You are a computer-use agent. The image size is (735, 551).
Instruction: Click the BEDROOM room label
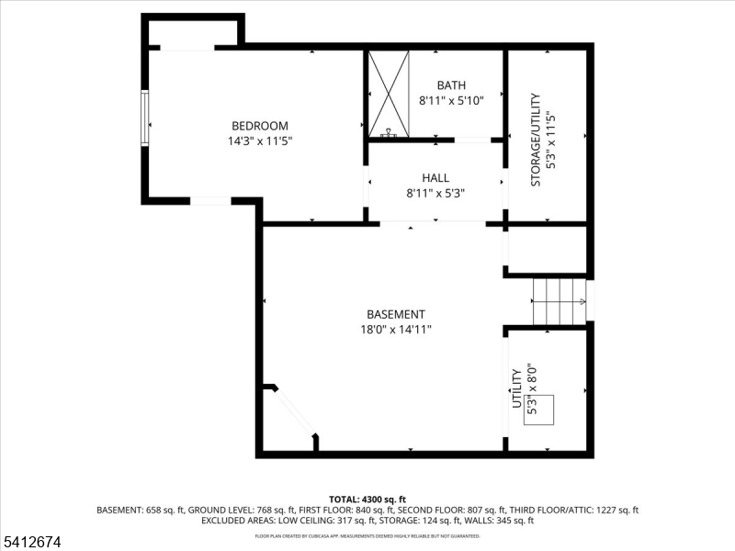pos(259,126)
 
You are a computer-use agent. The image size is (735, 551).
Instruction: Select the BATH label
pos(451,85)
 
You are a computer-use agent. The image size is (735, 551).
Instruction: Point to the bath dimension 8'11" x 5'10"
pos(451,100)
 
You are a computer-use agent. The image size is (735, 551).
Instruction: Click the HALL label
pos(435,178)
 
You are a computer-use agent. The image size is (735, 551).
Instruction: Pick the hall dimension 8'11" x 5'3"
pos(435,193)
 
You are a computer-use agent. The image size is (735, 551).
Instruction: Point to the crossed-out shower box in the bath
pos(388,94)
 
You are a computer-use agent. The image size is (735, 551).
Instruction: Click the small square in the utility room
pos(539,408)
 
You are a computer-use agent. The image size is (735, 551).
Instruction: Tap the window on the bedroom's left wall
pos(143,118)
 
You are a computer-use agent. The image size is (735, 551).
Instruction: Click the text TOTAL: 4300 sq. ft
pos(367,499)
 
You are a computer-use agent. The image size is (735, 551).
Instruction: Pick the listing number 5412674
pos(32,543)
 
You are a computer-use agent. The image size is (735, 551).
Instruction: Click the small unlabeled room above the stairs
pos(547,249)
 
